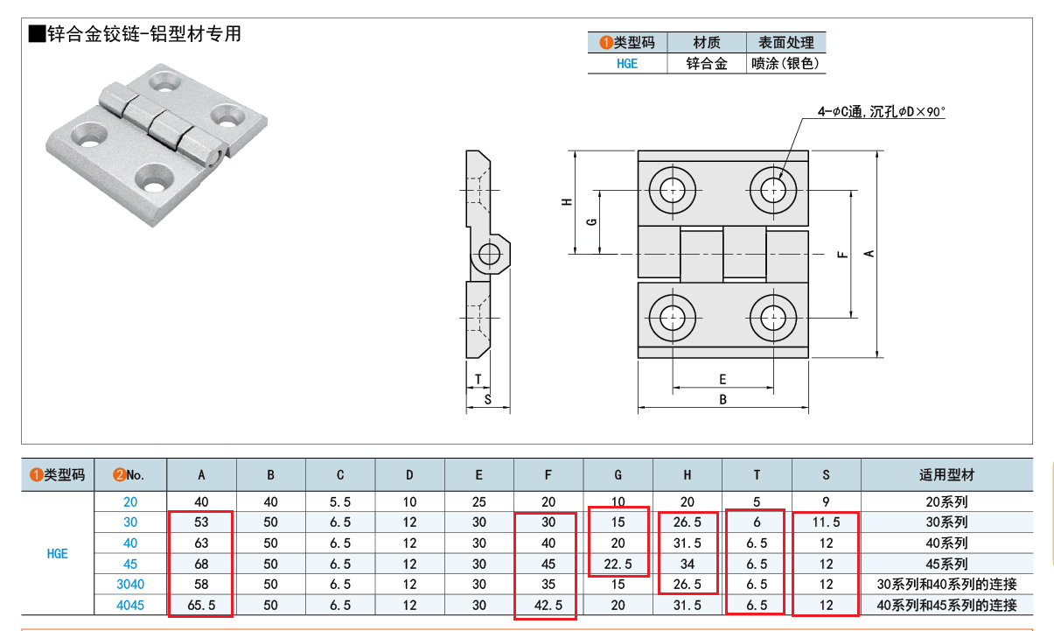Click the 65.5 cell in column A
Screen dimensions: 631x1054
tap(201, 605)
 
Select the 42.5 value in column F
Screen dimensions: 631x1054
tap(548, 605)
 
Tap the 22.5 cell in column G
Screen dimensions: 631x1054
tap(618, 564)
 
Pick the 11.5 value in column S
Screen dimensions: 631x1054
tap(826, 522)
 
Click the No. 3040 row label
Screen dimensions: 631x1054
tap(129, 584)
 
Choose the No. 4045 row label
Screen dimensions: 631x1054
tap(129, 605)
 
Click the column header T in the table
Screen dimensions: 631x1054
tap(757, 475)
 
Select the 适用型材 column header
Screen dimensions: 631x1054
tap(946, 475)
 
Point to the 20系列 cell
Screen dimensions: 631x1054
tap(946, 501)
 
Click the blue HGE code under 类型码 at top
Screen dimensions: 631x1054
tap(626, 63)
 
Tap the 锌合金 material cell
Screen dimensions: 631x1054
tap(706, 63)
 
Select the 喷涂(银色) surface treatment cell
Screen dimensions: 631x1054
tap(785, 63)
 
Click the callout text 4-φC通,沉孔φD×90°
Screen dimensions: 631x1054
tap(882, 111)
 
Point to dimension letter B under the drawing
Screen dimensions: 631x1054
tap(722, 400)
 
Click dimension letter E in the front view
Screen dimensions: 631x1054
tap(722, 379)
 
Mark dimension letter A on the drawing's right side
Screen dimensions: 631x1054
tap(869, 253)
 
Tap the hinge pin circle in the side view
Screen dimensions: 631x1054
tap(488, 254)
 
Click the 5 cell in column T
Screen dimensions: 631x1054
tap(757, 501)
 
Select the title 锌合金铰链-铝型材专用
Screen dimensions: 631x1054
tap(136, 35)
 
